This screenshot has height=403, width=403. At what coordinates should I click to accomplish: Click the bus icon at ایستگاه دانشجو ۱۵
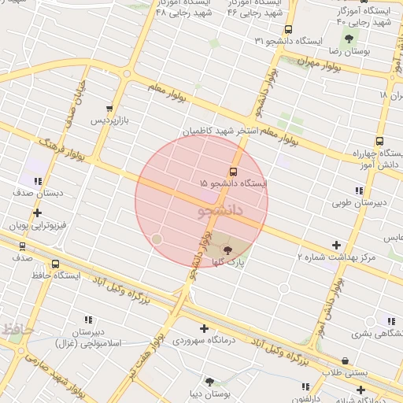click(233, 171)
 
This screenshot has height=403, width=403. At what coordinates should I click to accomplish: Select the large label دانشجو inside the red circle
click(216, 211)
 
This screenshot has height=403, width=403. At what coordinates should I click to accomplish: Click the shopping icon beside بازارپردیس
click(109, 109)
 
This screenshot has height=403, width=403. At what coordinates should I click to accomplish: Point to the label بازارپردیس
click(107, 120)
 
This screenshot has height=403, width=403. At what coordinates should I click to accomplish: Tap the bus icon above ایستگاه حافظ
click(55, 264)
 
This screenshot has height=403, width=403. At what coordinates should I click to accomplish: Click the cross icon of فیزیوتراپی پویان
click(36, 213)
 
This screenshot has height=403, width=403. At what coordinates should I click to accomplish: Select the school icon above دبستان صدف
click(37, 180)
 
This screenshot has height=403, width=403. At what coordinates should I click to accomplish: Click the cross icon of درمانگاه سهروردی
click(205, 328)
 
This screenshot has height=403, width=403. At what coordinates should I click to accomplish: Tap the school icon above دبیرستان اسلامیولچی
click(88, 320)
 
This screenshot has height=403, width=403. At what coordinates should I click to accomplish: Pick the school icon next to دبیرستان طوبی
click(359, 190)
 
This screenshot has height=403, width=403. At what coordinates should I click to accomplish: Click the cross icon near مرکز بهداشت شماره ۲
click(337, 246)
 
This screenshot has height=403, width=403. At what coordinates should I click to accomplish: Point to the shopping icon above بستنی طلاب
click(345, 361)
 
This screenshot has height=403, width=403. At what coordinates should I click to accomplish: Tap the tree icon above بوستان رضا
click(347, 39)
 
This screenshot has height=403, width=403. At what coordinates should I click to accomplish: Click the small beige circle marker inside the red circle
click(157, 238)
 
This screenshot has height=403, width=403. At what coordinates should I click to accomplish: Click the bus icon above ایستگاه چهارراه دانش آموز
click(379, 142)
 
